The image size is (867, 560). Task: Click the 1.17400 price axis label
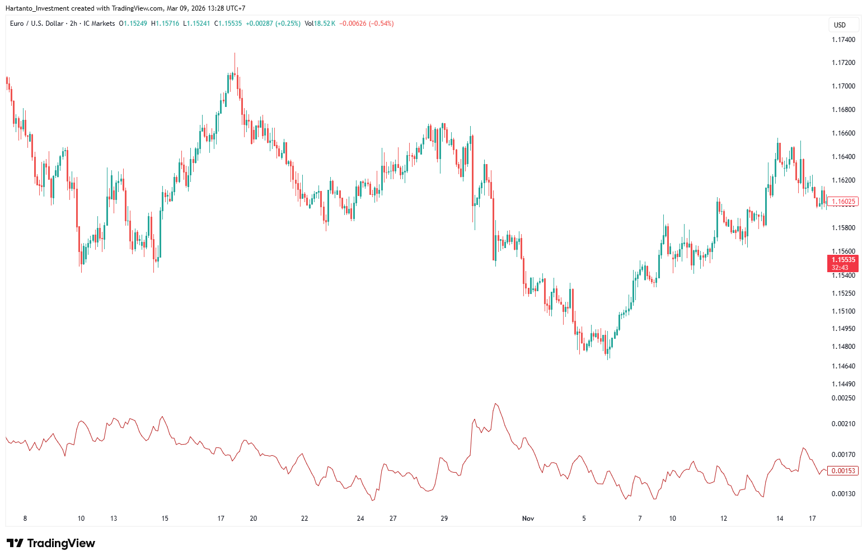tap(843, 40)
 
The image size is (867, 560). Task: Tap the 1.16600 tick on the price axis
tap(843, 133)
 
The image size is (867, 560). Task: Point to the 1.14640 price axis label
tap(843, 366)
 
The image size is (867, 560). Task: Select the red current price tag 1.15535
tap(843, 260)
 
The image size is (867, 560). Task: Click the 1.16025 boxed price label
tap(843, 202)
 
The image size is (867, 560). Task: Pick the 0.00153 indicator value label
tap(843, 471)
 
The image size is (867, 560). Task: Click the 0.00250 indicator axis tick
tap(843, 398)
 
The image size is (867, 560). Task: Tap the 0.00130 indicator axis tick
tap(843, 494)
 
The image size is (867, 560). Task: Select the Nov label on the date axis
tap(528, 519)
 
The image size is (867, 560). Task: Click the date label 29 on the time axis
tap(444, 519)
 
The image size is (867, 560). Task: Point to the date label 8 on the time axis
tap(25, 519)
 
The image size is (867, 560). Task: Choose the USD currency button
tap(840, 25)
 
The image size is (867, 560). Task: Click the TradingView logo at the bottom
tap(51, 543)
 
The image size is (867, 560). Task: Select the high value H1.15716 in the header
tap(165, 24)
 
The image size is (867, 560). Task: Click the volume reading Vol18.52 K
tap(320, 24)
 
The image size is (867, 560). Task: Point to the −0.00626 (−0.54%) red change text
tap(366, 24)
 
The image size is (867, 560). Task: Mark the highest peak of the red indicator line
tap(495, 404)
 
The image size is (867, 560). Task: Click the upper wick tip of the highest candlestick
tap(235, 53)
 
